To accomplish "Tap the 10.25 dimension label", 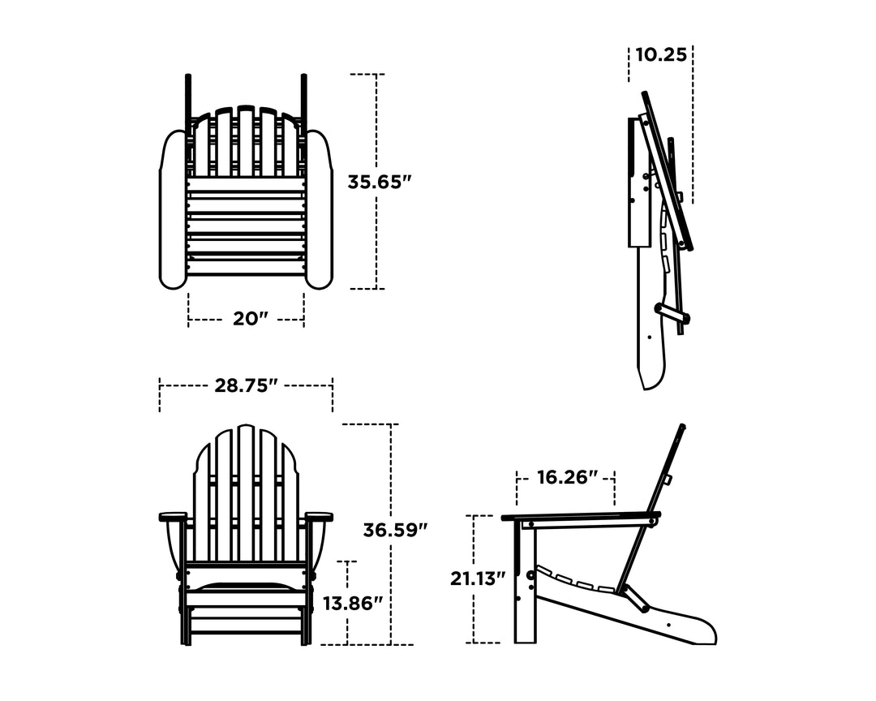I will coord(661,55).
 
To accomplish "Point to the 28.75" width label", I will coord(246,385).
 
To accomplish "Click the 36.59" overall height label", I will coord(395,531).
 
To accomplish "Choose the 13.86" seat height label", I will coord(351,604).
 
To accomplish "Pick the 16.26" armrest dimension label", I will coord(567,477).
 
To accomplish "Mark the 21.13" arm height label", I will coord(478,578).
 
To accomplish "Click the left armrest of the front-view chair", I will coord(173,516).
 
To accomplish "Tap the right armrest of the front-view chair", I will coord(319,516).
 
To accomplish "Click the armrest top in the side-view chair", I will coord(580,516).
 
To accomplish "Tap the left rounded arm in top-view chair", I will coord(173,211).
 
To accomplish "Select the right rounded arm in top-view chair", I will coord(319,211).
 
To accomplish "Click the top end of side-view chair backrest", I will coord(683,428).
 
